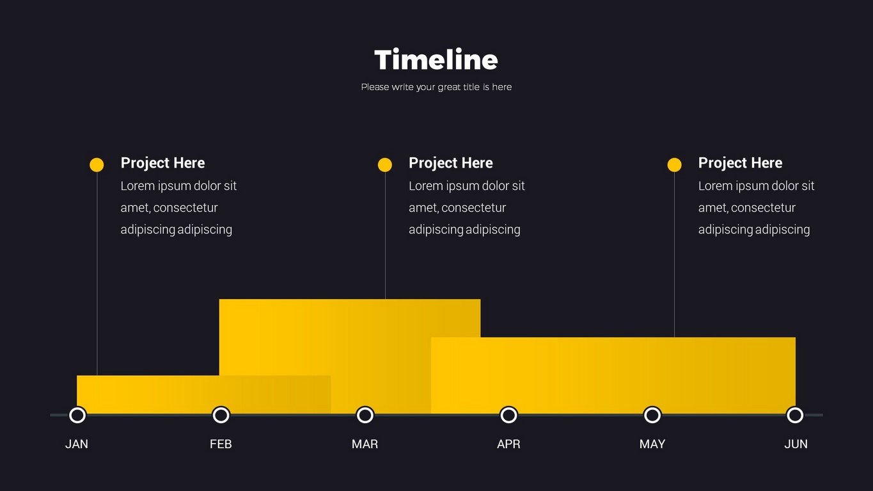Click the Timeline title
[436, 59]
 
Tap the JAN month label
[77, 444]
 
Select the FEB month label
[221, 444]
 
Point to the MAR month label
[365, 444]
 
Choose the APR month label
[508, 444]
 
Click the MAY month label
[652, 444]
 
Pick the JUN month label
[796, 444]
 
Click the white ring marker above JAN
[77, 409]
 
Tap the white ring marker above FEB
[221, 409]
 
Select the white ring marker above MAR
[365, 409]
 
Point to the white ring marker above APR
[508, 409]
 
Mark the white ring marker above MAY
[652, 409]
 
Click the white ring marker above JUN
[795, 409]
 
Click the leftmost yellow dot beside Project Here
[97, 165]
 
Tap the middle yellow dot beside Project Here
[384, 165]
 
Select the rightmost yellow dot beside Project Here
[674, 165]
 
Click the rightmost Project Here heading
[740, 163]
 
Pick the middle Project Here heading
[450, 163]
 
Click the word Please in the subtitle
[375, 87]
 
